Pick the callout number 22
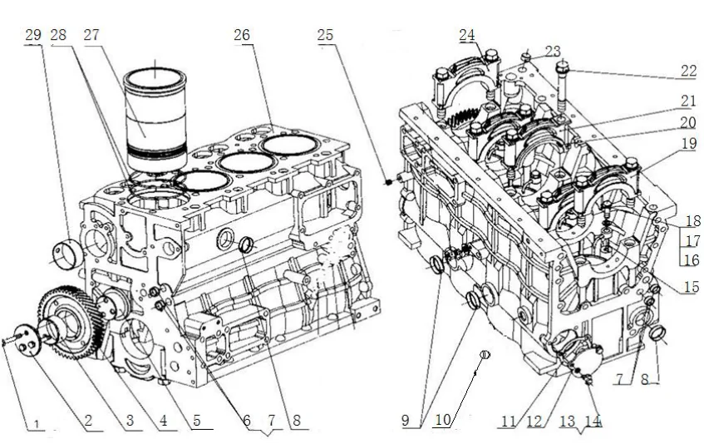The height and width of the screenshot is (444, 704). click(x=687, y=72)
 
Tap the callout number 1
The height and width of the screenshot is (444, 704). click(x=34, y=422)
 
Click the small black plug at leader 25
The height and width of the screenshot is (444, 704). click(x=388, y=180)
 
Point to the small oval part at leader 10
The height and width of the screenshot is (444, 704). click(x=485, y=355)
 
